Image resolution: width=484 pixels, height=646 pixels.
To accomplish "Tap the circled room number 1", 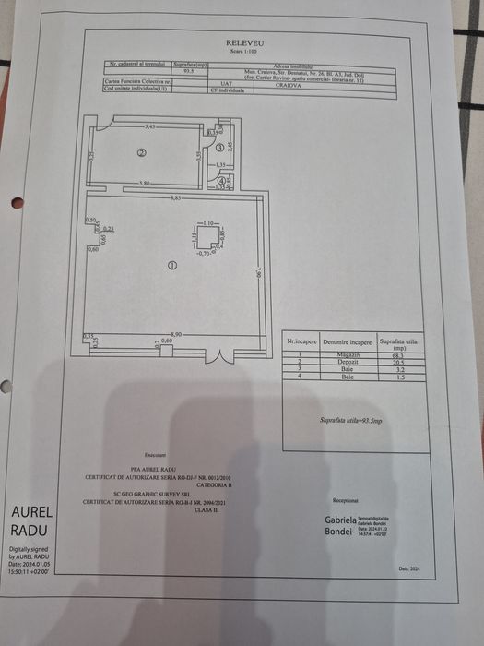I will click(171, 266).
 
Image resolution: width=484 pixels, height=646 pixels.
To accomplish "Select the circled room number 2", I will click(142, 153).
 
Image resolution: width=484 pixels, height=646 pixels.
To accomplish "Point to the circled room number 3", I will click(219, 147).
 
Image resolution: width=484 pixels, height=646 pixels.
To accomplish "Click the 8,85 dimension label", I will click(174, 197).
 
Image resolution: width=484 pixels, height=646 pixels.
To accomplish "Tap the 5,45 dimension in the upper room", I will click(150, 125).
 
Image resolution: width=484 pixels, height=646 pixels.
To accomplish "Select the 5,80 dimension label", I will click(145, 184).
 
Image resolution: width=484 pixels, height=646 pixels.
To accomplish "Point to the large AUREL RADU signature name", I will click(32, 521).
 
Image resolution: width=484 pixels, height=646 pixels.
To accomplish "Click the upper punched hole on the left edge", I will click(16, 203).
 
